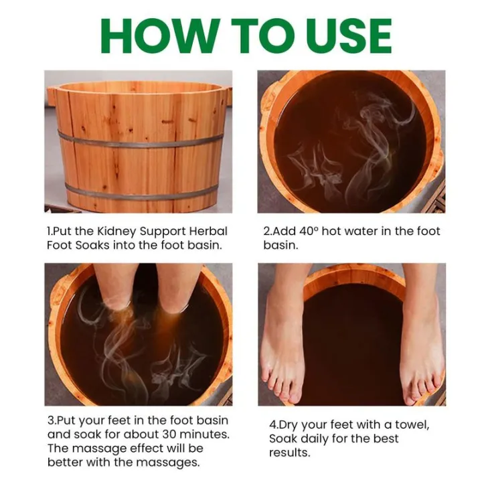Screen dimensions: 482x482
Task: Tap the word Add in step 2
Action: [x=282, y=231]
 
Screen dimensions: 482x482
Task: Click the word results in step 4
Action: [x=291, y=453]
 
